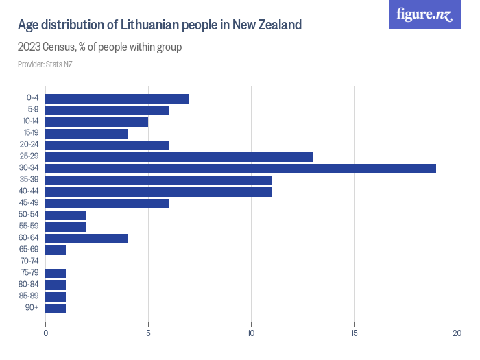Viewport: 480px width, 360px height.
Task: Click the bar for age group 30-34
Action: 240,168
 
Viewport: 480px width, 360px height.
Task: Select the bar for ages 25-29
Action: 178,156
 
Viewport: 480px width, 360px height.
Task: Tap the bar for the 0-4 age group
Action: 117,98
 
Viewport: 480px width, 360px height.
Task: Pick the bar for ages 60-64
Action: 86,238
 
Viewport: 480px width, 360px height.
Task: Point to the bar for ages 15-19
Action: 86,133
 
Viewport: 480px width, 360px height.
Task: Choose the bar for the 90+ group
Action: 56,308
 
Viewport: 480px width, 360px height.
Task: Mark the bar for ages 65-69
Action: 56,250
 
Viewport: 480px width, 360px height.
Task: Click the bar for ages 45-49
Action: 106,203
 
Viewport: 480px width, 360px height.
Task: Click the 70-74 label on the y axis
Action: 31,261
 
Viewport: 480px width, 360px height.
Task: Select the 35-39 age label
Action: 31,180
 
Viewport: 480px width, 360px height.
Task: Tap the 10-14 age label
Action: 31,121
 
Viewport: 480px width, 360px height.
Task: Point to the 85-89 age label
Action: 31,296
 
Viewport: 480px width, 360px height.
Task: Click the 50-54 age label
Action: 31,215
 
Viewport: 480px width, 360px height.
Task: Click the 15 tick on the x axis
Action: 354,333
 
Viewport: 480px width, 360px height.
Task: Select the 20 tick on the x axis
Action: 457,333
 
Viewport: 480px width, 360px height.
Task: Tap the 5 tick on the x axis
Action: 148,333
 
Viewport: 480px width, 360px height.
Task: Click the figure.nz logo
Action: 424,14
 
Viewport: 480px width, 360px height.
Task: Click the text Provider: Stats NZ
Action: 45,64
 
